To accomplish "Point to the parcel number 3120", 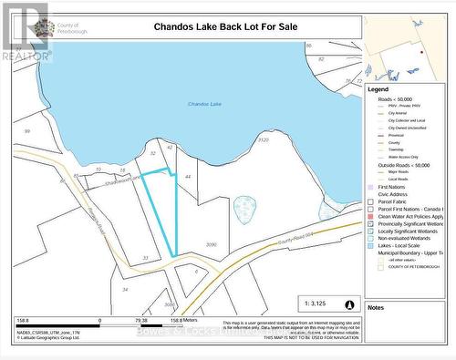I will pyautogui.click(x=264, y=140).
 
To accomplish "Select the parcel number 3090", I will pyautogui.click(x=212, y=244).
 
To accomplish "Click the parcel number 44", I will pyautogui.click(x=187, y=175).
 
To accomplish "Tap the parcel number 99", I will pyautogui.click(x=27, y=131).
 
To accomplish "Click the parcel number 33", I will pyautogui.click(x=145, y=258).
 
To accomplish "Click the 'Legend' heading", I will pyautogui.click(x=378, y=89).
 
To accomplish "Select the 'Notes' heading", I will pyautogui.click(x=376, y=307).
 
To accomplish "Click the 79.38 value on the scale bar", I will pyautogui.click(x=141, y=321).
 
